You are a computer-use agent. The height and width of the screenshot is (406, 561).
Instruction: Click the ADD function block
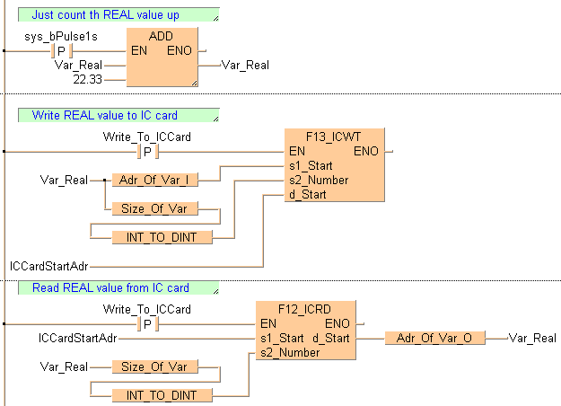click(x=162, y=57)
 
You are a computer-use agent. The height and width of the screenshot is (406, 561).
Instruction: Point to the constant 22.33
click(x=89, y=80)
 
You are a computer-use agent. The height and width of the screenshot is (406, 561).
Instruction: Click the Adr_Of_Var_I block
click(x=153, y=180)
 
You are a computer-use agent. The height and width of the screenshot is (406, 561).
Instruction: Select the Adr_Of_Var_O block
click(x=434, y=338)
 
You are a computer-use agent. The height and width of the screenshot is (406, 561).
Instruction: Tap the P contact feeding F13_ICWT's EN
click(x=148, y=152)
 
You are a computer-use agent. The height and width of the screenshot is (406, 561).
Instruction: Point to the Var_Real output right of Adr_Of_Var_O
click(x=531, y=338)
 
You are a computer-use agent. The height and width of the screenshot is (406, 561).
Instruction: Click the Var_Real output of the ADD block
click(x=244, y=65)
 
